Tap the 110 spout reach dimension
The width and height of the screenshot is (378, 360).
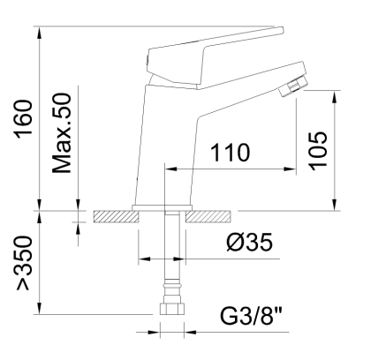coord(230,153)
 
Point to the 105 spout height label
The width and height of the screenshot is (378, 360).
coord(318,149)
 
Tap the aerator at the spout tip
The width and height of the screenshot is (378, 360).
coord(291,87)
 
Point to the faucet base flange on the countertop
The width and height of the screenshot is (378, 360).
coord(161,208)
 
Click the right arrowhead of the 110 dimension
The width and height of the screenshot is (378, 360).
coord(291,169)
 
